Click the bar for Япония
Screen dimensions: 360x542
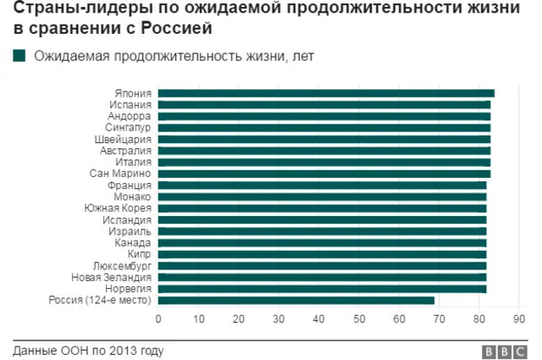(326, 93)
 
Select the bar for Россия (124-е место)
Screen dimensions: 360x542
(296, 300)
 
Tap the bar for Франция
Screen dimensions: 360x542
(322, 185)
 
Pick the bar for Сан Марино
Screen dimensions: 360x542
(324, 174)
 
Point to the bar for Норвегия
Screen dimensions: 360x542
(322, 288)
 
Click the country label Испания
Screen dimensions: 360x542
(130, 105)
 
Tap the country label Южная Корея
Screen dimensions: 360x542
(119, 208)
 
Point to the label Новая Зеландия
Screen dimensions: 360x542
(111, 277)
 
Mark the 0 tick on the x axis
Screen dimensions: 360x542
(158, 318)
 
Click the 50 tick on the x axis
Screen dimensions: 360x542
(359, 318)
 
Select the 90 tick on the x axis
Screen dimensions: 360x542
(519, 318)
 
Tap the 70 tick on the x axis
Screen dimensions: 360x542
(439, 318)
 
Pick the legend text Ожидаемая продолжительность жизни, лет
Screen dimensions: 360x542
(160, 57)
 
